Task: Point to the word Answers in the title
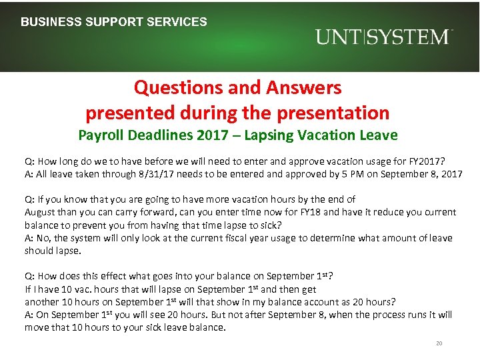306,87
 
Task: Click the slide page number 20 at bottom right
439,343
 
